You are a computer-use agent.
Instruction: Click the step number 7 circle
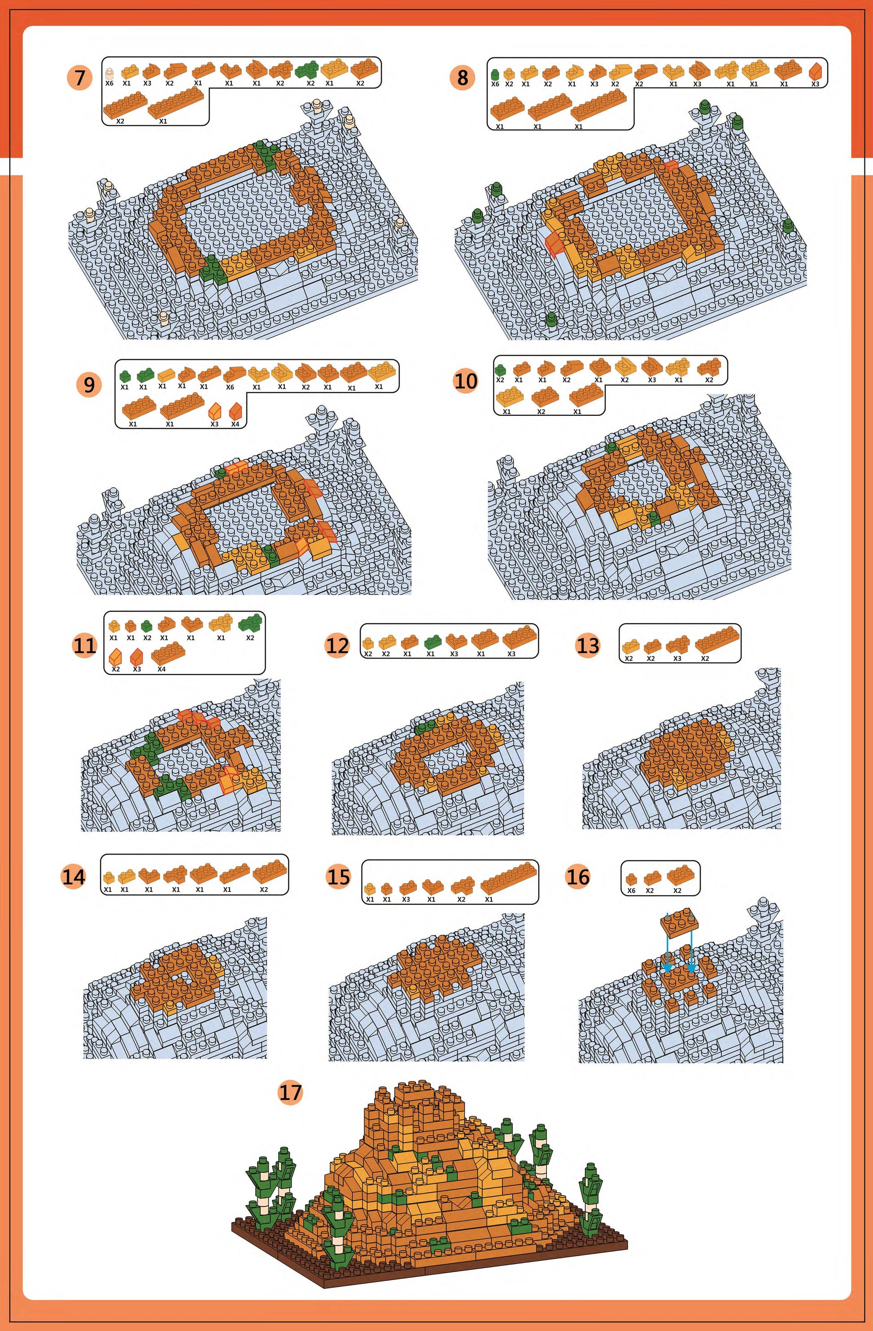point(79,77)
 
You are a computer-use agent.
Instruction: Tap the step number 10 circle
point(466,381)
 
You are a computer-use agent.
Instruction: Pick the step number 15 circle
point(338,876)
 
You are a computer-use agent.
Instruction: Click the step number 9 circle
point(89,385)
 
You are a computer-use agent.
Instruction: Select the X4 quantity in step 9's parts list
point(236,424)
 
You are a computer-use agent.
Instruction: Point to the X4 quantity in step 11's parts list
point(162,669)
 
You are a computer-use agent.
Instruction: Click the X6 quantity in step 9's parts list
point(230,387)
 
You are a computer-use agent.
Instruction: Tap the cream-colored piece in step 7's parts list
point(109,73)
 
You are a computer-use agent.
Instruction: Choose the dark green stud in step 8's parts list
point(495,74)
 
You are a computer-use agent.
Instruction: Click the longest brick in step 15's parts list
point(508,878)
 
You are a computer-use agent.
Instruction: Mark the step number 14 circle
point(73,876)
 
